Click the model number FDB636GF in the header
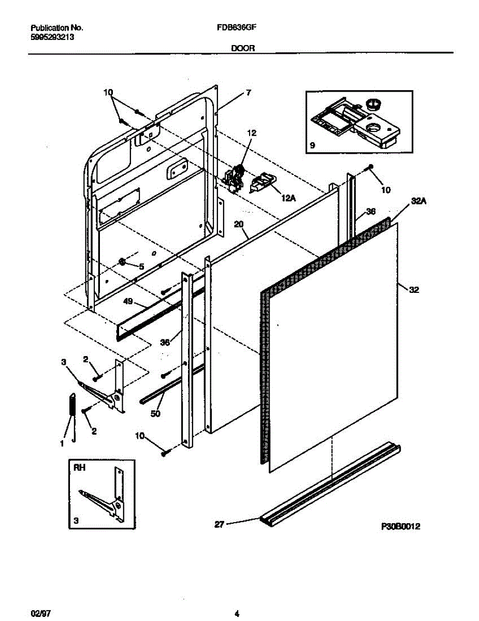click(x=235, y=29)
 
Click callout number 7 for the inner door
click(x=249, y=93)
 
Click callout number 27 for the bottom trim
click(x=219, y=524)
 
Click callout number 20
click(x=238, y=225)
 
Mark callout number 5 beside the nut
click(x=140, y=266)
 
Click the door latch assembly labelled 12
click(x=236, y=178)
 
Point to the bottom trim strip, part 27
click(x=331, y=484)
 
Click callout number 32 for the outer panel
click(x=413, y=290)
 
